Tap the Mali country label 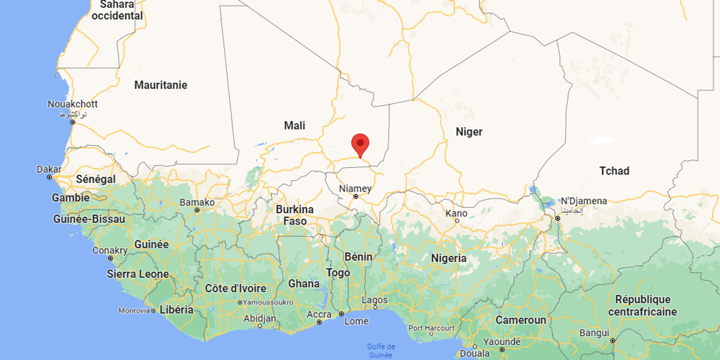(294, 125)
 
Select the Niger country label (469, 131)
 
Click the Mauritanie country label (160, 85)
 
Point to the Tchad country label (614, 171)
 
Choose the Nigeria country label (449, 258)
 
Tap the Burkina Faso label (294, 215)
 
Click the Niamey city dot (355, 196)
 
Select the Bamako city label (197, 202)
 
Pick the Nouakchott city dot (72, 122)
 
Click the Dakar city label (49, 169)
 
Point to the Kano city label (456, 213)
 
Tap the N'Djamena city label (583, 201)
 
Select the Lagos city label (374, 300)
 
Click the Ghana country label (303, 283)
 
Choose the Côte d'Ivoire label (235, 288)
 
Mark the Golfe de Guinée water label (381, 350)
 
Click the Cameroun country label (520, 320)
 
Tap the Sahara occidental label (117, 10)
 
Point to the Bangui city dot (612, 340)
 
